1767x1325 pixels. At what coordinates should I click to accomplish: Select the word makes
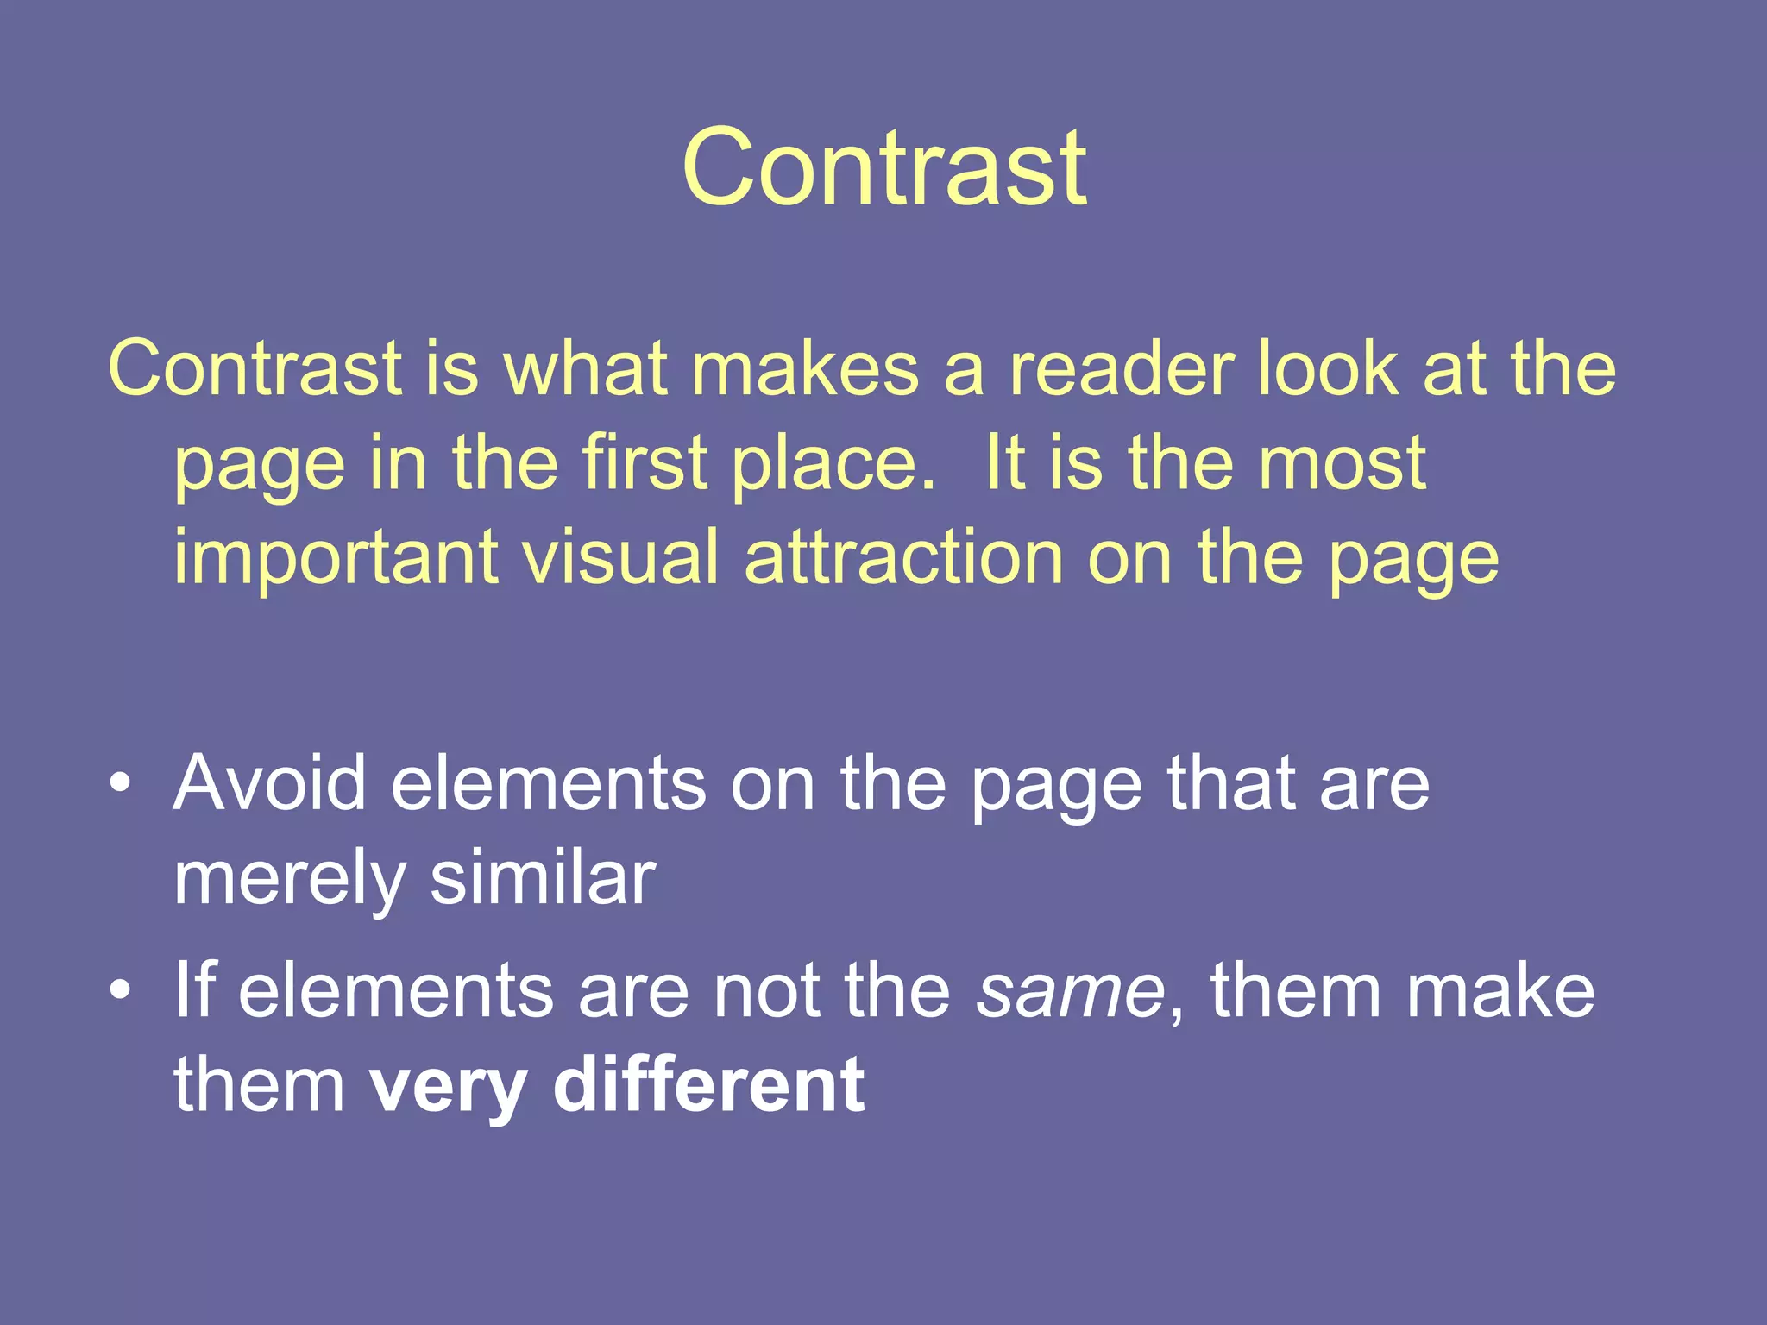tap(805, 368)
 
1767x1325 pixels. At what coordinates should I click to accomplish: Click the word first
tap(645, 463)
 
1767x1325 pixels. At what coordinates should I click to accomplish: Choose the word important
tap(336, 559)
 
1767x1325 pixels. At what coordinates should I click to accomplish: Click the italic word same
tap(1071, 992)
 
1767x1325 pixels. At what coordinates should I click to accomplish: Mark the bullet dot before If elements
tap(122, 990)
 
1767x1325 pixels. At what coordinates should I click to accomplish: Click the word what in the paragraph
tap(586, 368)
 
